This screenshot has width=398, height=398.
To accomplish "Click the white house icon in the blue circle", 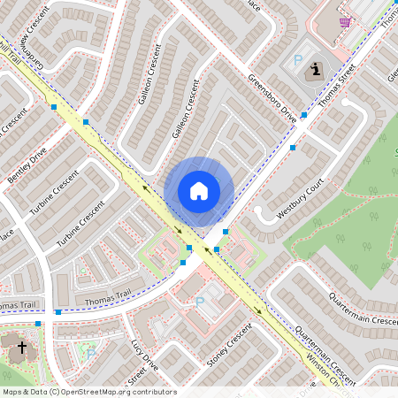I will [x=199, y=190].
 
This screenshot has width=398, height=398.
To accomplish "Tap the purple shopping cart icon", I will [x=345, y=22].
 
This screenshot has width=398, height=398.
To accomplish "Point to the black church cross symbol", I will [x=21, y=348].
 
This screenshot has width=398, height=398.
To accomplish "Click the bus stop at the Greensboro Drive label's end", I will [x=303, y=115].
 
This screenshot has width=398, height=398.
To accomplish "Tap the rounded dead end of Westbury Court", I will [x=260, y=213].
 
